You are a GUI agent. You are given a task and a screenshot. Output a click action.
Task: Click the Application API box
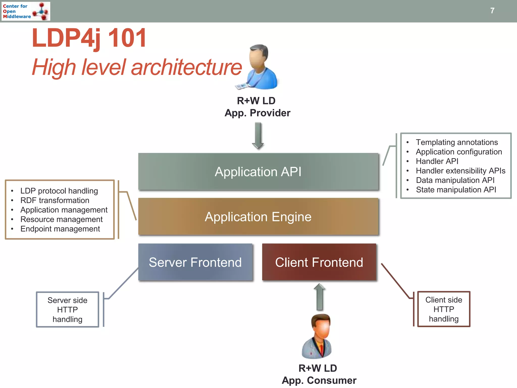pyautogui.click(x=258, y=172)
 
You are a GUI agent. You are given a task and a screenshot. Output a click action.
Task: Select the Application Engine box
pyautogui.click(x=258, y=217)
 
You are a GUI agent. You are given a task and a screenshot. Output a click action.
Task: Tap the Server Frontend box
pyautogui.click(x=195, y=262)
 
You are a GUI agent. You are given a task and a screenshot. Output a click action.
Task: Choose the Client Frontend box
pyautogui.click(x=319, y=262)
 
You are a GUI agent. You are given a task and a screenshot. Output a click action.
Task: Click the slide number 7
pyautogui.click(x=492, y=11)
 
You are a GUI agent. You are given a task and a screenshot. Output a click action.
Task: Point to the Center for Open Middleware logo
pyautogui.click(x=25, y=11)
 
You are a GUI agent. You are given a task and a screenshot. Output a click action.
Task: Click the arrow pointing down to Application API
pyautogui.click(x=258, y=136)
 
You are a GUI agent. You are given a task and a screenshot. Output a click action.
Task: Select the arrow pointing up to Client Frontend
pyautogui.click(x=320, y=297)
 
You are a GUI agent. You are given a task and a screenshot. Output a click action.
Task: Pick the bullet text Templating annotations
pyautogui.click(x=457, y=142)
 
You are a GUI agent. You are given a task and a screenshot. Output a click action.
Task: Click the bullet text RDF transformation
pyautogui.click(x=55, y=200)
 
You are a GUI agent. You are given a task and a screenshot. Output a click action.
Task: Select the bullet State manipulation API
pyautogui.click(x=456, y=190)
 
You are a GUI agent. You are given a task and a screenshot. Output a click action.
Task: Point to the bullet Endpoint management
pyautogui.click(x=60, y=229)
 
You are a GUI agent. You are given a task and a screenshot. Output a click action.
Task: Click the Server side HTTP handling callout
pyautogui.click(x=67, y=310)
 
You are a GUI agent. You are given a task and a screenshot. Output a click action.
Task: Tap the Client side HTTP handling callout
pyautogui.click(x=444, y=309)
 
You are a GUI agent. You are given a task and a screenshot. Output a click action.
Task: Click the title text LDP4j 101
pyautogui.click(x=89, y=38)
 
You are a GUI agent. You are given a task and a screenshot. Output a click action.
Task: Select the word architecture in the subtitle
pyautogui.click(x=186, y=67)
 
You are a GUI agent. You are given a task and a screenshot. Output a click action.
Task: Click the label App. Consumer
pyautogui.click(x=319, y=380)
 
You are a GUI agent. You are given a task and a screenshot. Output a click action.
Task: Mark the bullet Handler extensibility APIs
pyautogui.click(x=460, y=171)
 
